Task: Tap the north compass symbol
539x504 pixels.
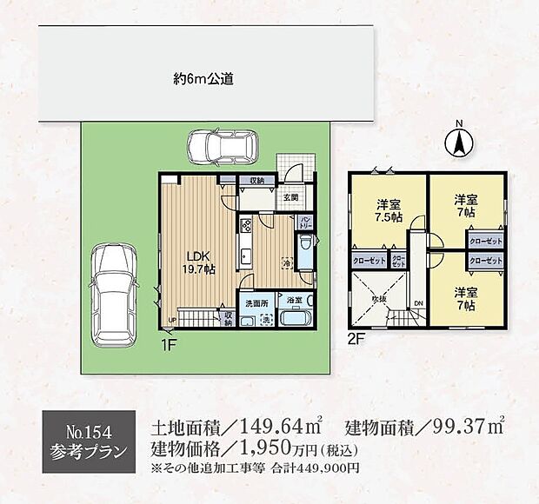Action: (460, 142)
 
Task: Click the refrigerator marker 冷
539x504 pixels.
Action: (284, 263)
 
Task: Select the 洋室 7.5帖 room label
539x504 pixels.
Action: (389, 210)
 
